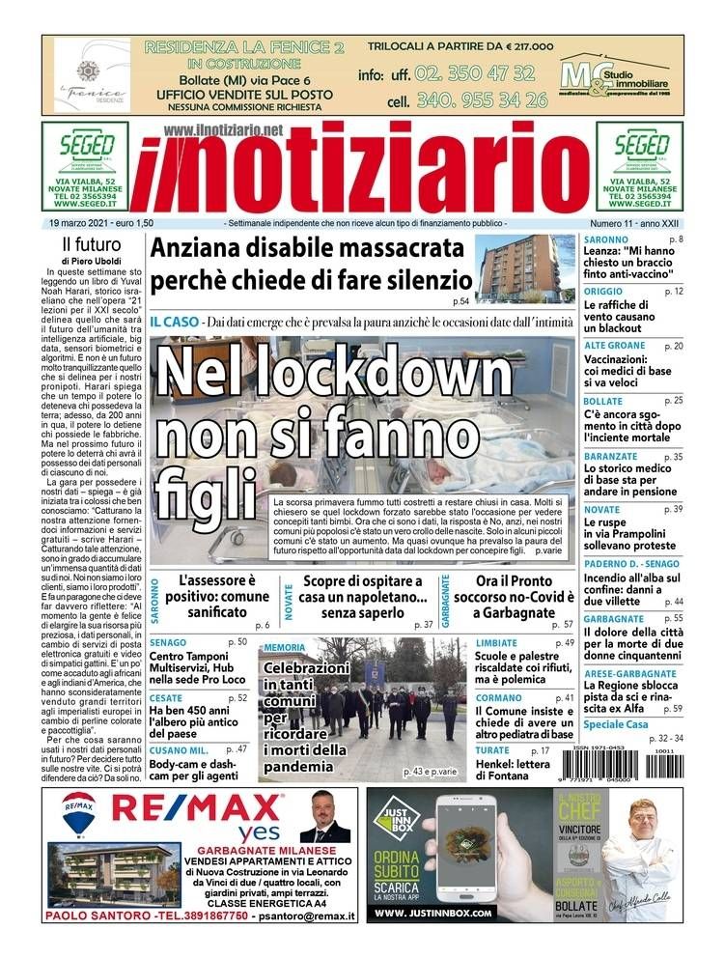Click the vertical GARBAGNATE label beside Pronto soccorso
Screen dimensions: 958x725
tap(446, 600)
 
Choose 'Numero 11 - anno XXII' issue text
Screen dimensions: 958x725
tap(635, 223)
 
